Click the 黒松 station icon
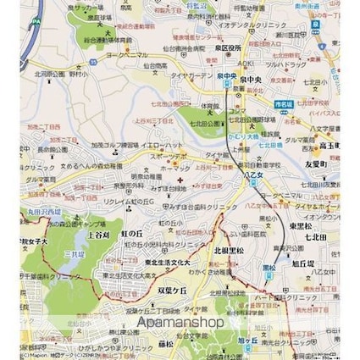tap(269, 269)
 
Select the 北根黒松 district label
tap(230, 251)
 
